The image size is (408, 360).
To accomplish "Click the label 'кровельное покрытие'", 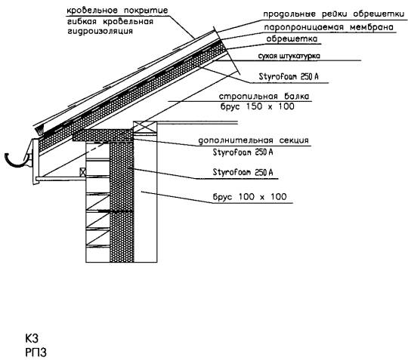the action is pyautogui.click(x=117, y=11).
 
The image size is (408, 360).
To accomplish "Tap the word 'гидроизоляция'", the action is pyautogui.click(x=100, y=32).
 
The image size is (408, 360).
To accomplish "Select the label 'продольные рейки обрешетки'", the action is pyautogui.click(x=334, y=14).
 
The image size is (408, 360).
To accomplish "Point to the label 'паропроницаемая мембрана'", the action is pyautogui.click(x=329, y=27).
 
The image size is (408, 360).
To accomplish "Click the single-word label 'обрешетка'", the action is pyautogui.click(x=292, y=39).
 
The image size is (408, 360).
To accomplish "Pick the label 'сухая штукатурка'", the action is pyautogui.click(x=289, y=56).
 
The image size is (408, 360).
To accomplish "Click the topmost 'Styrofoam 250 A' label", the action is pyautogui.click(x=289, y=76).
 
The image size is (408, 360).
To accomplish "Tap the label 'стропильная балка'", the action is pyautogui.click(x=264, y=97).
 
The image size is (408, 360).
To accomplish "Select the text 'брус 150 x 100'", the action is pyautogui.click(x=258, y=106).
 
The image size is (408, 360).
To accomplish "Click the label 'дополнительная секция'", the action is pyautogui.click(x=253, y=140).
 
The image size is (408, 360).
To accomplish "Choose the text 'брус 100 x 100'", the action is pyautogui.click(x=250, y=197).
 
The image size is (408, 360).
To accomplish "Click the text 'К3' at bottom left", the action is pyautogui.click(x=32, y=339).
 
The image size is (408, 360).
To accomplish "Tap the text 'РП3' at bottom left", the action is pyautogui.click(x=36, y=352).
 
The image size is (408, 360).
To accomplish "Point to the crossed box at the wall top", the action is pyautogui.click(x=144, y=128).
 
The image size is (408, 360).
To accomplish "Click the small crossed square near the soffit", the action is pyautogui.click(x=83, y=172).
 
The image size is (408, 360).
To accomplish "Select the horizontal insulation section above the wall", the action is pyautogui.click(x=103, y=135).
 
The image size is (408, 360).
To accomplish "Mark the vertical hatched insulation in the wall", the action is pyautogui.click(x=122, y=202).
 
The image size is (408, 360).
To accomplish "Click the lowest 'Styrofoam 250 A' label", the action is pyautogui.click(x=243, y=172).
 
